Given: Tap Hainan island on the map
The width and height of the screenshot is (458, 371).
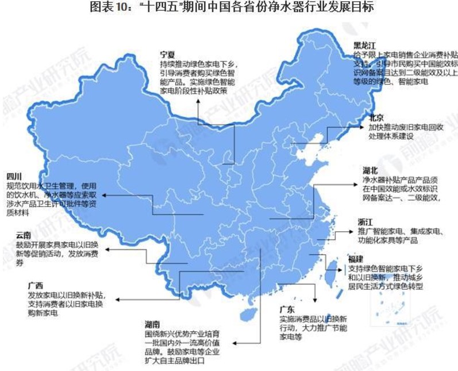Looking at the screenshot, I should (249, 314).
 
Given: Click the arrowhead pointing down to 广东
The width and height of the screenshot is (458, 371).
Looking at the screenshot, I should (315, 299).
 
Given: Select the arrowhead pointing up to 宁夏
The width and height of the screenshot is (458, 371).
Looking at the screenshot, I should (198, 102).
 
